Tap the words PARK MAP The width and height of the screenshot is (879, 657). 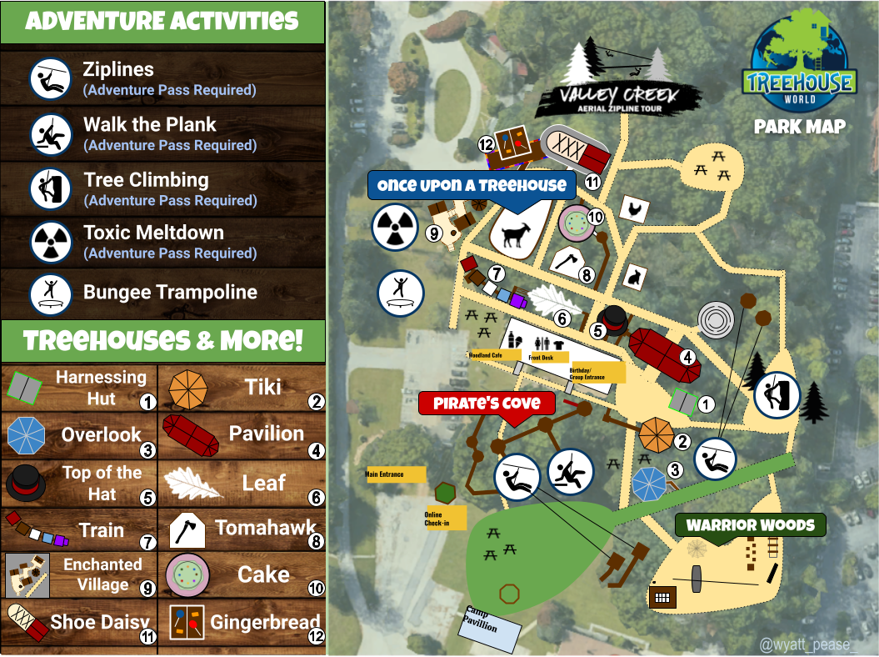coord(800,128)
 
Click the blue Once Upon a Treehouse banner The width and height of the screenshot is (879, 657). coord(472,185)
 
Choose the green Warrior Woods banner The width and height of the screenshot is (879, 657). coord(750,525)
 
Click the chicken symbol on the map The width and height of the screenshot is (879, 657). coord(634,208)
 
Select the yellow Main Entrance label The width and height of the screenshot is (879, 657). coord(396,474)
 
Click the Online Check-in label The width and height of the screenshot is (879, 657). coord(440,518)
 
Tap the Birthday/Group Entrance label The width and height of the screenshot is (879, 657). coord(597,373)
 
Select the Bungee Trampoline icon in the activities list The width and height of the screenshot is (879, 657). coord(51,293)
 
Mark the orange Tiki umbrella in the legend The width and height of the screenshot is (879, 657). coord(189,389)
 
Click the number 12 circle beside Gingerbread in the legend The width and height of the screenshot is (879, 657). coord(315,638)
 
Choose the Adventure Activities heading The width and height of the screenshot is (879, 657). coord(162,21)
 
